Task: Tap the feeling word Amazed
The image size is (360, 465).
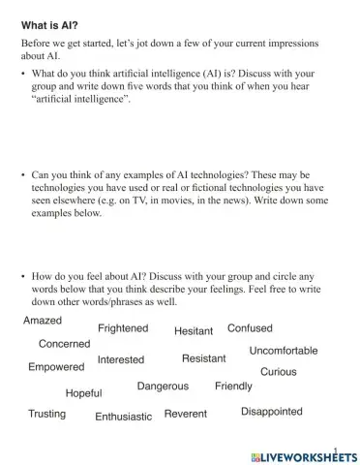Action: click(x=43, y=321)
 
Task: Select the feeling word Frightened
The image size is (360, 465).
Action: click(x=123, y=328)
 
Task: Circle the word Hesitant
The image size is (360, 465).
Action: click(x=194, y=331)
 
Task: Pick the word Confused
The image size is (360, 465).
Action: click(x=250, y=328)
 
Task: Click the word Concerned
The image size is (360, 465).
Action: click(x=65, y=344)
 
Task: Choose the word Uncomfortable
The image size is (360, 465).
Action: click(x=284, y=351)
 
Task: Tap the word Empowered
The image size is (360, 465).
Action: click(x=56, y=367)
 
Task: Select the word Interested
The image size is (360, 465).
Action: click(x=121, y=359)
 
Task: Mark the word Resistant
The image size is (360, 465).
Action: click(x=204, y=358)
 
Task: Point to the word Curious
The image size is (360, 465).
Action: click(x=279, y=372)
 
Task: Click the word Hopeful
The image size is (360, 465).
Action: click(x=84, y=393)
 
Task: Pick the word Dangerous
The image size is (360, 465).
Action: click(x=163, y=386)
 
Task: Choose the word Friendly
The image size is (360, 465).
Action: click(x=233, y=386)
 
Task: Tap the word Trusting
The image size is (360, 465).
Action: click(x=47, y=414)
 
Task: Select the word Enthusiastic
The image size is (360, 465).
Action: click(x=124, y=417)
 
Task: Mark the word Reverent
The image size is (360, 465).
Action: click(x=186, y=414)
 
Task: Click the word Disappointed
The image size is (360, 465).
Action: click(x=272, y=412)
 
